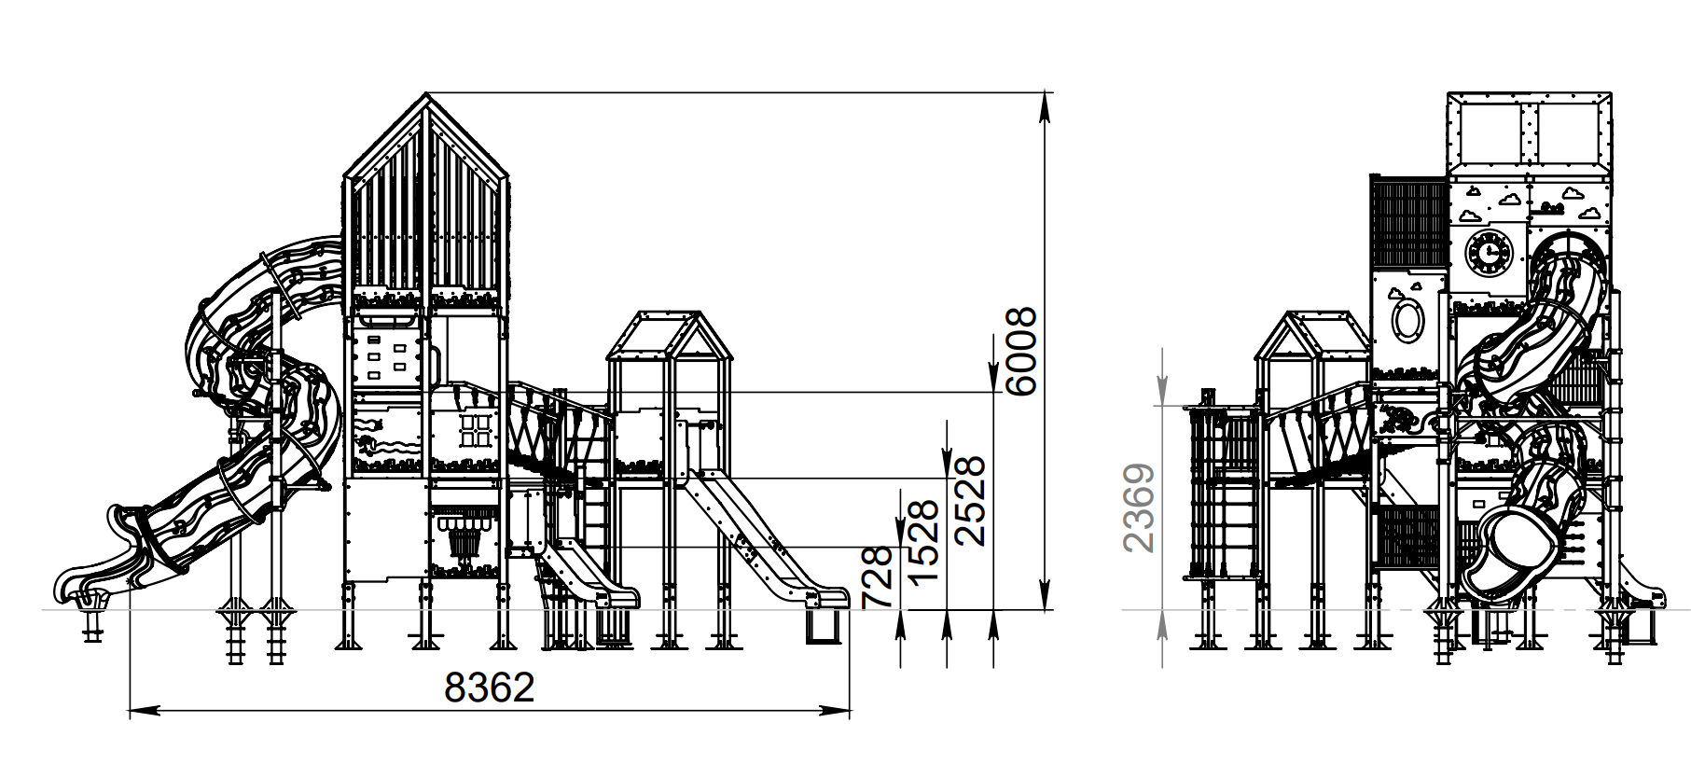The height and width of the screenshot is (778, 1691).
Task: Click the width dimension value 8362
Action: pyautogui.click(x=490, y=688)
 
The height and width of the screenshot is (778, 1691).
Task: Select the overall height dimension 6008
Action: pyautogui.click(x=1021, y=352)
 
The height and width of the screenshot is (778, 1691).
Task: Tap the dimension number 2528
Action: pyautogui.click(x=970, y=500)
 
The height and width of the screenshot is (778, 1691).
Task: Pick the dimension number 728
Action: pyautogui.click(x=878, y=578)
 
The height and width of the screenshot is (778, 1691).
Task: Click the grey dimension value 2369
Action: pyautogui.click(x=1140, y=508)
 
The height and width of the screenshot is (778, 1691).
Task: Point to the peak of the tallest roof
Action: pyautogui.click(x=426, y=93)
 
